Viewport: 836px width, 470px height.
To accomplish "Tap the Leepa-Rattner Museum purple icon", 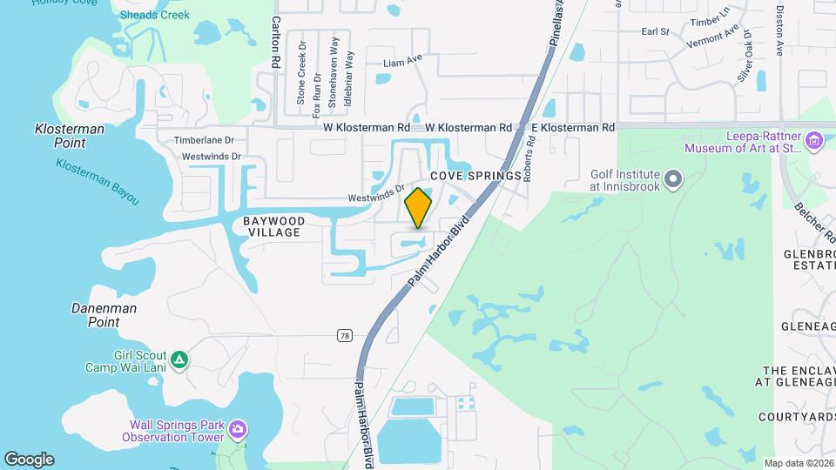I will pyautogui.click(x=815, y=139).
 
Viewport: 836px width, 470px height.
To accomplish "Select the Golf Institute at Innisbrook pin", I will pyautogui.click(x=672, y=180).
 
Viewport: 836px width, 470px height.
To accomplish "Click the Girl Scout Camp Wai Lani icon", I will pyautogui.click(x=179, y=359).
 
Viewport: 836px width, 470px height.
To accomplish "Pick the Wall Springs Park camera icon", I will pyautogui.click(x=237, y=429).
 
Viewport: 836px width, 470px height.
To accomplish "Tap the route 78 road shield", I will pyautogui.click(x=345, y=335).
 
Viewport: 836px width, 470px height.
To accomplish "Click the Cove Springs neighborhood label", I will pyautogui.click(x=480, y=175).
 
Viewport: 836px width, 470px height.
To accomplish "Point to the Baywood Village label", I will pyautogui.click(x=273, y=227).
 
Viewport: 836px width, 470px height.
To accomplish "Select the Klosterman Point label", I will pyautogui.click(x=70, y=135).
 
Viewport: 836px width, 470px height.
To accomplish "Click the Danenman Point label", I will pyautogui.click(x=104, y=315).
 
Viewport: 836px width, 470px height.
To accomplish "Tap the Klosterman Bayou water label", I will pyautogui.click(x=97, y=182).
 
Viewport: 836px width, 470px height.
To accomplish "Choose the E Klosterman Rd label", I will pyautogui.click(x=572, y=127).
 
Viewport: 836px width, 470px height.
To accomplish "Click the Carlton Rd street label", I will pyautogui.click(x=275, y=43).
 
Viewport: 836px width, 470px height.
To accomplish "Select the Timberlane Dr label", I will pyautogui.click(x=205, y=140).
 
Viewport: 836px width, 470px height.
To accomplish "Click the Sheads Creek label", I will pyautogui.click(x=154, y=15).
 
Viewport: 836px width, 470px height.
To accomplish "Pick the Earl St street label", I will pyautogui.click(x=654, y=31).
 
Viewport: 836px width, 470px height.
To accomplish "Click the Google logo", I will pyautogui.click(x=29, y=460).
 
